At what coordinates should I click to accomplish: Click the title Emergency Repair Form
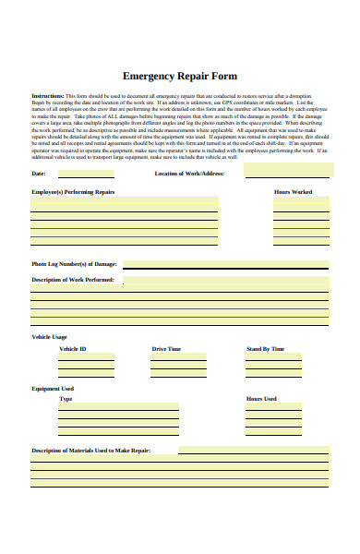click(179, 77)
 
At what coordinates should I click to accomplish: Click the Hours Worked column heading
click(293, 191)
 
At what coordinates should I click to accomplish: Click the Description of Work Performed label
click(73, 279)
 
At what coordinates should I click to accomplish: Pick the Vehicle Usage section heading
click(50, 338)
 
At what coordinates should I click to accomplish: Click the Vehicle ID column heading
click(73, 349)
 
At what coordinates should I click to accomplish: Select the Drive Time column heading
click(166, 349)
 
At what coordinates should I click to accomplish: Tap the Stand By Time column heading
click(265, 349)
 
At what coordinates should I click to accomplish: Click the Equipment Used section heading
click(53, 389)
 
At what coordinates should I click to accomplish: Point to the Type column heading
click(66, 400)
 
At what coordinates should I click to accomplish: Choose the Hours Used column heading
click(261, 399)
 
